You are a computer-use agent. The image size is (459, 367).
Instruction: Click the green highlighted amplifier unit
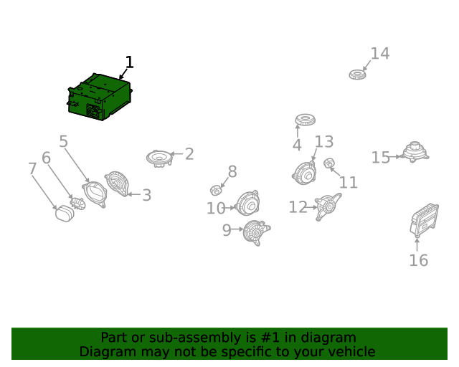(100, 97)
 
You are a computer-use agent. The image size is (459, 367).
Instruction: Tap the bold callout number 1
(129, 62)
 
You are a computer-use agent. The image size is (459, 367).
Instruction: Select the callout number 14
(380, 54)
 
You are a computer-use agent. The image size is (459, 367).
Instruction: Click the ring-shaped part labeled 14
(357, 75)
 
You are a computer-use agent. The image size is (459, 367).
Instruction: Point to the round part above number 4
(305, 120)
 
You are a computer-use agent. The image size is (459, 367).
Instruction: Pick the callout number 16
(419, 260)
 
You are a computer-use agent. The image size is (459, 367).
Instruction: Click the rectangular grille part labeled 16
(424, 220)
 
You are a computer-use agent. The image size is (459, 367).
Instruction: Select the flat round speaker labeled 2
(159, 158)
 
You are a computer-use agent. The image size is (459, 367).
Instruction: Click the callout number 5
(64, 141)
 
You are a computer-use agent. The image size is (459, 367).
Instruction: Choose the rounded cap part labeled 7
(65, 214)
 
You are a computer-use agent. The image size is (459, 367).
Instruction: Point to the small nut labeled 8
(216, 190)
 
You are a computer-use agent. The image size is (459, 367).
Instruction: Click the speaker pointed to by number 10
(247, 204)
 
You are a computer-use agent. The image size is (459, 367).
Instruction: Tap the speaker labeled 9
(256, 233)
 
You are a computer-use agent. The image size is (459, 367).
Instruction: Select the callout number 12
(298, 207)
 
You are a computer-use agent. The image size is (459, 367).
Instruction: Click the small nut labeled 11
(329, 163)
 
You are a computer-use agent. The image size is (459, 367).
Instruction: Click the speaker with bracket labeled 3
(117, 183)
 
